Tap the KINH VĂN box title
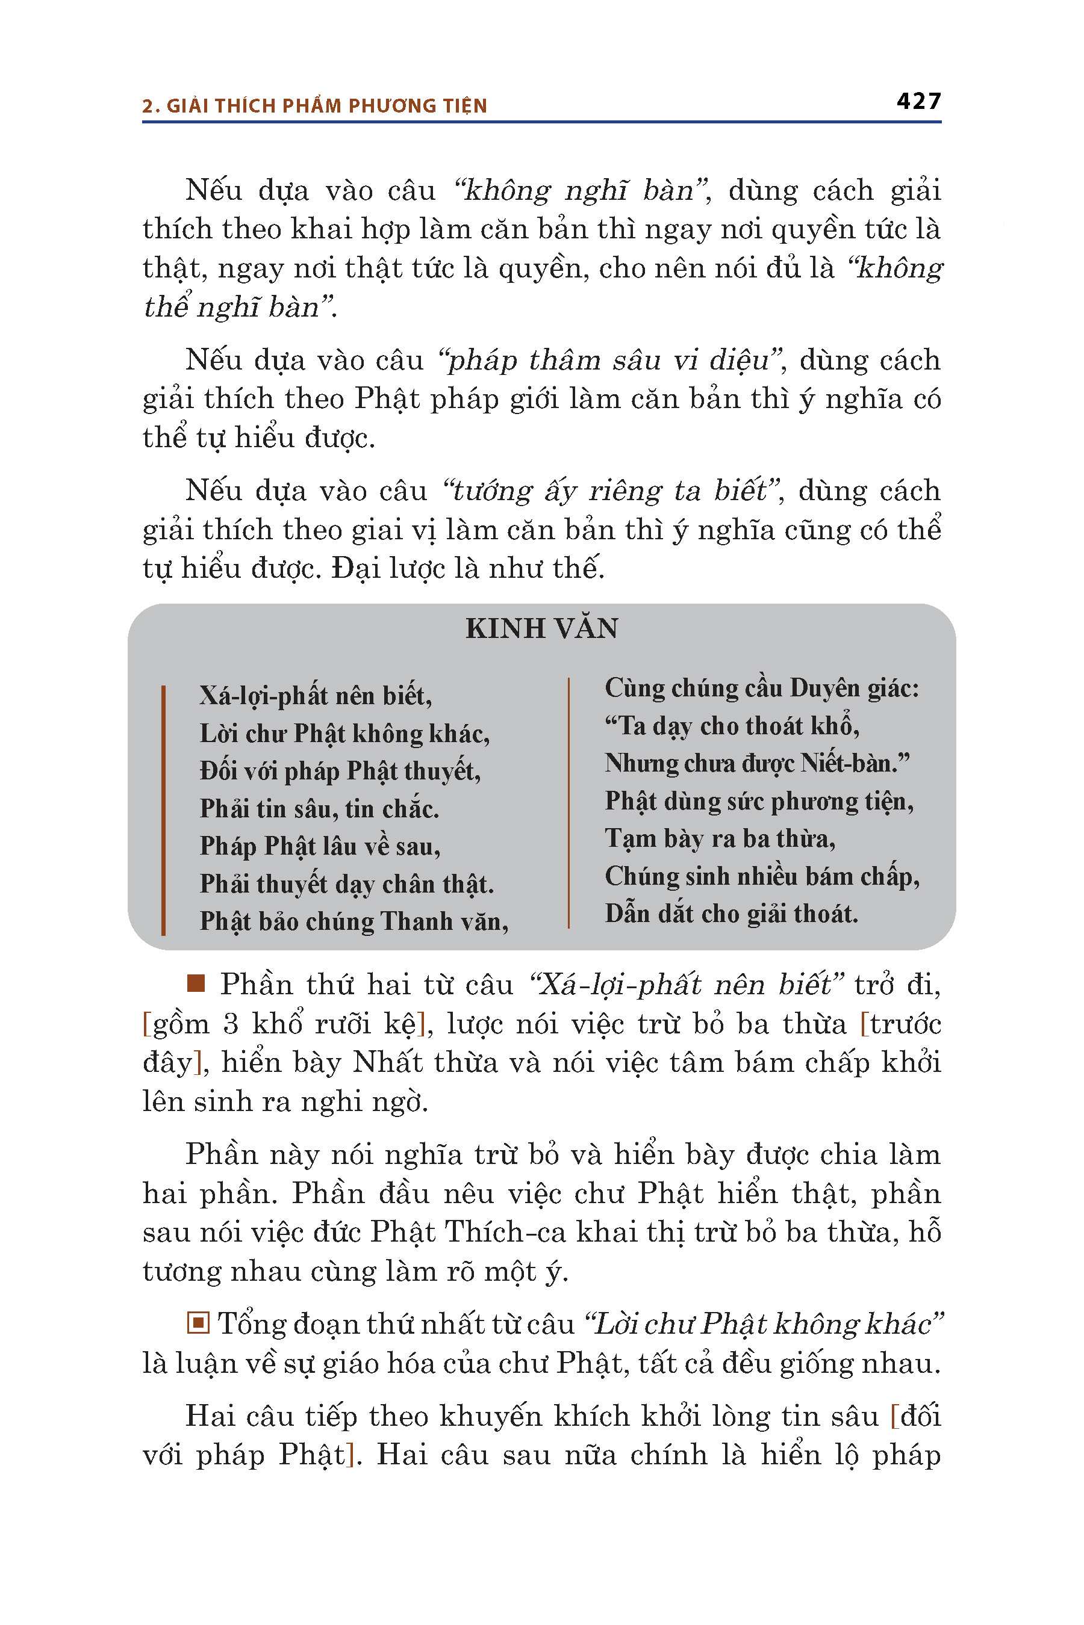541,628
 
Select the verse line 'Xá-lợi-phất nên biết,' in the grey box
315,696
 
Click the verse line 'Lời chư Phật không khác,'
344,734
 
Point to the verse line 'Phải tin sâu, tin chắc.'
319,808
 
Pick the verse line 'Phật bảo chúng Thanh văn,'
354,921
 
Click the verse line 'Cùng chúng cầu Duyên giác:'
762,688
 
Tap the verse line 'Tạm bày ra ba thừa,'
720,838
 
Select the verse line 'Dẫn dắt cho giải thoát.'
730,914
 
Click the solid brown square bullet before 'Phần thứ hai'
196,983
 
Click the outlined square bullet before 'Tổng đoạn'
198,1323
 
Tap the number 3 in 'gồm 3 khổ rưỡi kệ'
230,1024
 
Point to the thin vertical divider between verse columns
568,803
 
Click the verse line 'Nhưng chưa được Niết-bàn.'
757,763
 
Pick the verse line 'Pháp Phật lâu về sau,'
319,846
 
